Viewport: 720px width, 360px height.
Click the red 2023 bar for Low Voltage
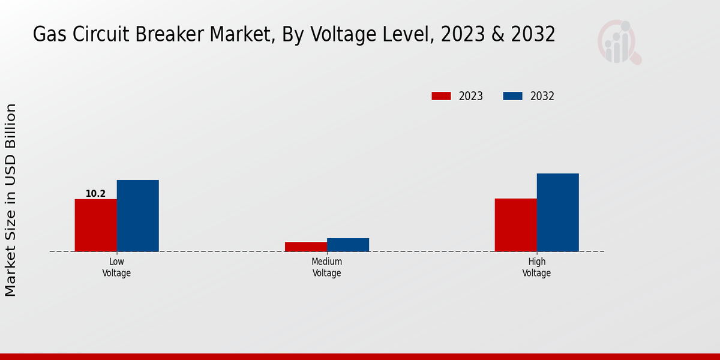[x=95, y=225]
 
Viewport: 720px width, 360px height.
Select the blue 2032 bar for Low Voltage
[x=137, y=215]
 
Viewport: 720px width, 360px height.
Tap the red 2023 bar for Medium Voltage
[x=305, y=247]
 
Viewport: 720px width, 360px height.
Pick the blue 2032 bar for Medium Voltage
[x=347, y=245]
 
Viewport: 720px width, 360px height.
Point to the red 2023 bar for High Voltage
[x=515, y=225]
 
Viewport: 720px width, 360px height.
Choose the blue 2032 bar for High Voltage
[x=557, y=212]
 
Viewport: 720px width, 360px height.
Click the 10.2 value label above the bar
[x=95, y=194]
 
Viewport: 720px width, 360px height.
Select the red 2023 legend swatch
[x=441, y=96]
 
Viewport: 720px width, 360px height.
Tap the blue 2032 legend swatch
[x=512, y=96]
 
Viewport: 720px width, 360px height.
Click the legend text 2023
[x=471, y=96]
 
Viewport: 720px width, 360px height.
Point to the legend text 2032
[x=542, y=96]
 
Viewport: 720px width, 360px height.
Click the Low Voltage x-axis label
[x=116, y=268]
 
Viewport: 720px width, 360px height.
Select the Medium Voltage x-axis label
[x=326, y=268]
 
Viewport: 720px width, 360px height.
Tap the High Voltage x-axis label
[x=536, y=268]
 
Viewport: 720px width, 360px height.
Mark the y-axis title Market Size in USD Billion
[x=11, y=200]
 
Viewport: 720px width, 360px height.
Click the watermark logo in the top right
[x=619, y=42]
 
